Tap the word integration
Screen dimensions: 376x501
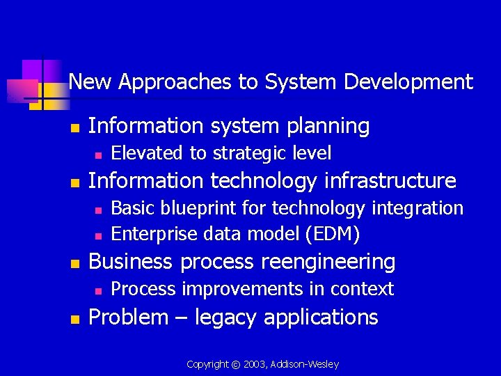click(x=420, y=208)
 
